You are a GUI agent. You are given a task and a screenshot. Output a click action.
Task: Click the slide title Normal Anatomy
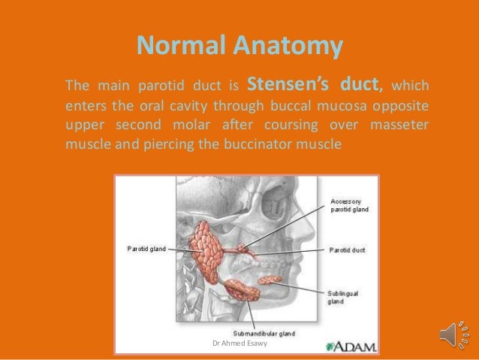(239, 47)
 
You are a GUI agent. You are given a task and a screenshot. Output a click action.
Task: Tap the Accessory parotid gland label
(351, 205)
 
